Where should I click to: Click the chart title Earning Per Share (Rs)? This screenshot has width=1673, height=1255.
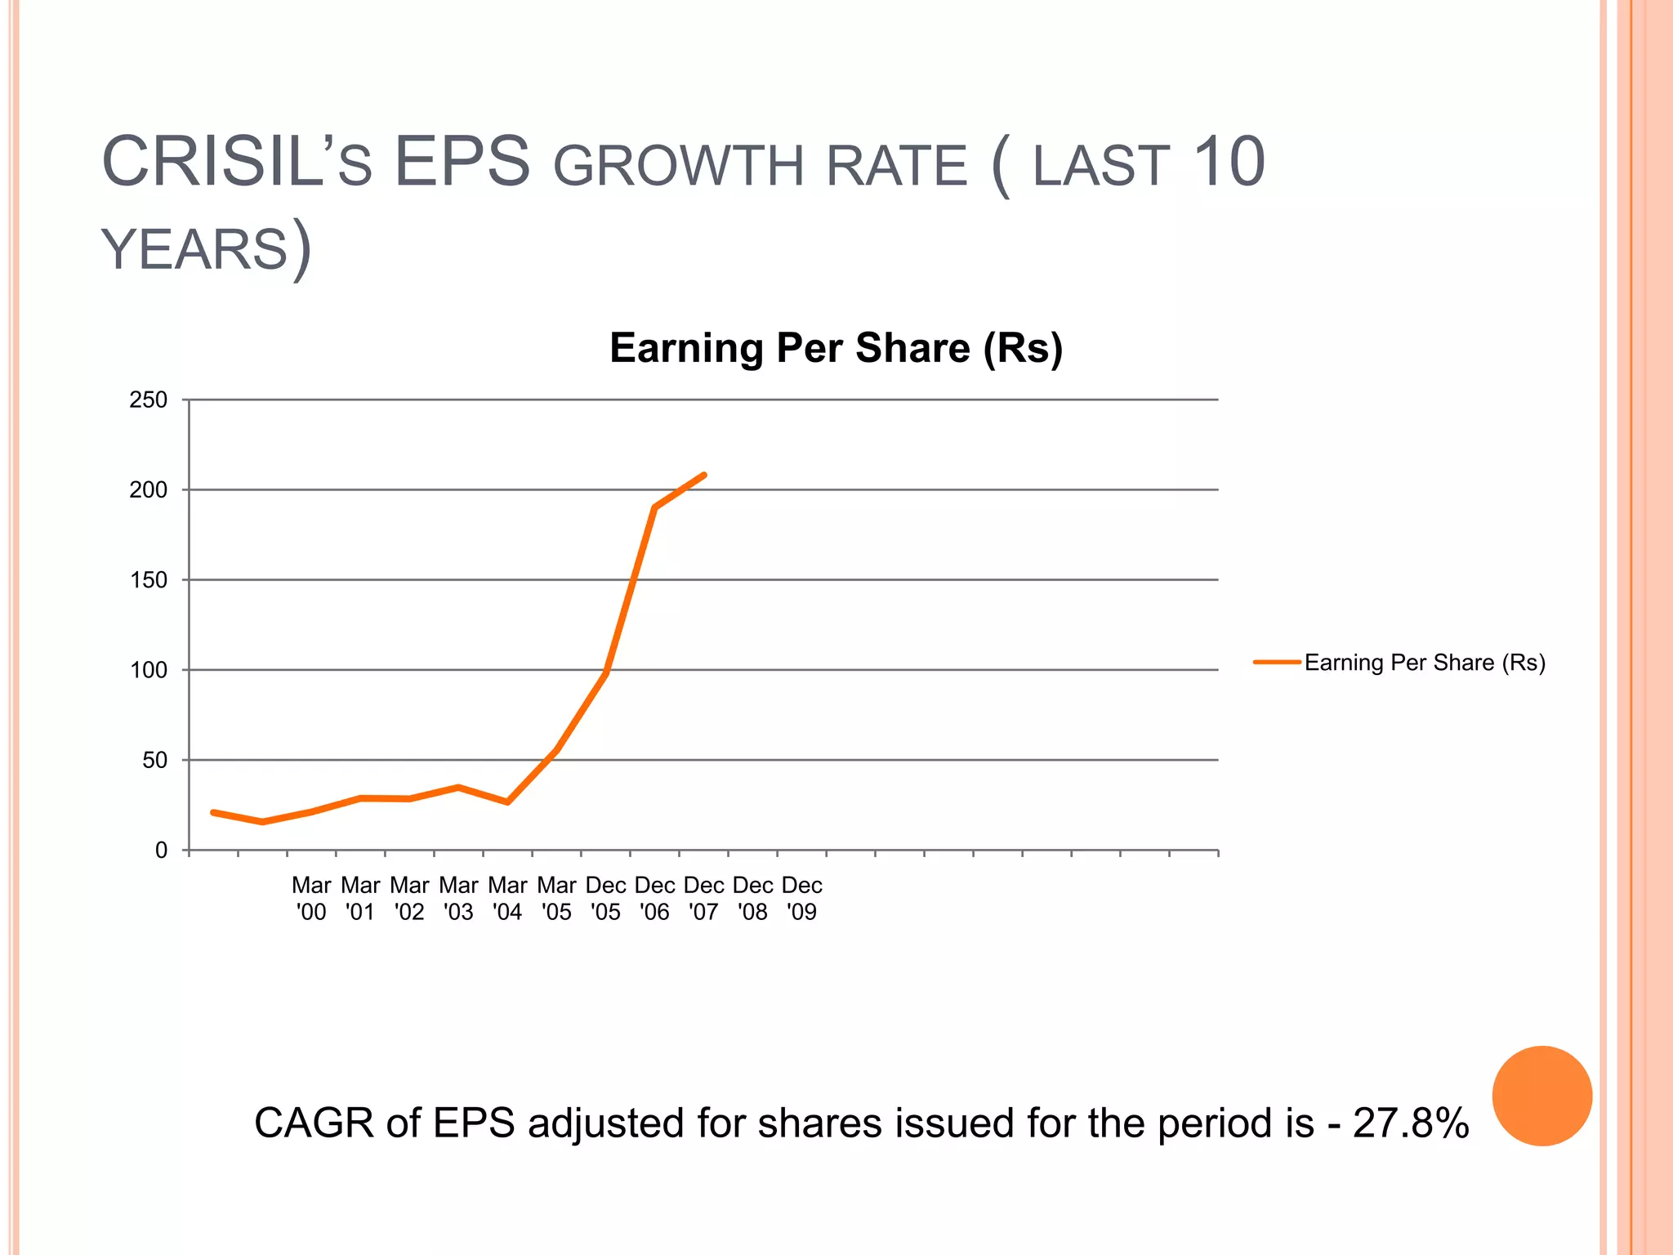[x=836, y=349]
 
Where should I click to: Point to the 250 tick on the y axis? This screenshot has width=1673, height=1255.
[x=148, y=400]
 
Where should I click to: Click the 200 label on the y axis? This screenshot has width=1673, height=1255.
[x=148, y=490]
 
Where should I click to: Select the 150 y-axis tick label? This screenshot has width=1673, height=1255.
[x=148, y=580]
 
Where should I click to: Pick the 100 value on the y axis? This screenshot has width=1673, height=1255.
[x=148, y=670]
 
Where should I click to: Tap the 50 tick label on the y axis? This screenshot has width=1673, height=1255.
[x=154, y=761]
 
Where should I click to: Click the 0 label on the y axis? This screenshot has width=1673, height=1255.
[x=161, y=851]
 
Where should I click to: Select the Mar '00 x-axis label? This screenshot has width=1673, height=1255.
[x=311, y=898]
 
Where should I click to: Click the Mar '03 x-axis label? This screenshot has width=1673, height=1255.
[x=458, y=898]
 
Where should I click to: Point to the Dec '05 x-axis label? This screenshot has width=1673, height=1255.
[x=605, y=898]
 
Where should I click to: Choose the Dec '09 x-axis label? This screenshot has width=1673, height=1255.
[x=801, y=898]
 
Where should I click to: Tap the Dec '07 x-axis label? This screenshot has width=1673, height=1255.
[x=703, y=898]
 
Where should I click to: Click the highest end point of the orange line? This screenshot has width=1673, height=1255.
[x=703, y=476]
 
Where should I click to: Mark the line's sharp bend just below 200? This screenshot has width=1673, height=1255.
[x=655, y=507]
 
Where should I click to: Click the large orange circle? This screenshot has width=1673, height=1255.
[x=1541, y=1096]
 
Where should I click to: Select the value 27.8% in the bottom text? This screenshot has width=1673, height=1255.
[x=1411, y=1123]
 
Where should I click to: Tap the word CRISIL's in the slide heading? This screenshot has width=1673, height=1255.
[x=237, y=163]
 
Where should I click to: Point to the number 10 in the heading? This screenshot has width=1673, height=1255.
[x=1229, y=163]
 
